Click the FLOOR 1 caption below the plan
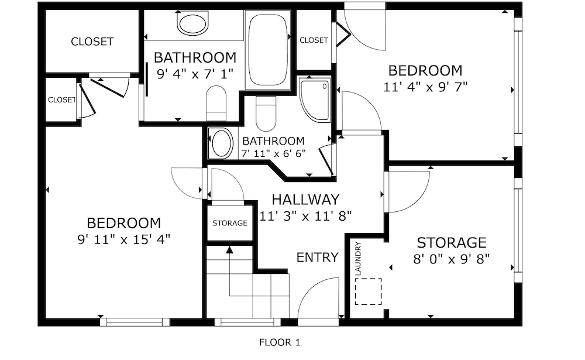[x=280, y=342]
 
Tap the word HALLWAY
[x=305, y=200]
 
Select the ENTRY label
[x=318, y=258]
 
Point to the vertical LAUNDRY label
[x=358, y=259]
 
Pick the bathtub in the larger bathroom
[x=269, y=50]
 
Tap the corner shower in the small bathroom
[x=315, y=100]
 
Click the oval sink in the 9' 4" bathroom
[x=192, y=24]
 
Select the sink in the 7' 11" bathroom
[x=221, y=143]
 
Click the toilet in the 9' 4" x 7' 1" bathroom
[x=216, y=102]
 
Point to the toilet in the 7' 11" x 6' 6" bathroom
[x=266, y=114]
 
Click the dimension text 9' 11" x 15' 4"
[x=123, y=239]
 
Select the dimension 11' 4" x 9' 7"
[x=425, y=87]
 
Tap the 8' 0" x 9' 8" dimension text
[x=452, y=258]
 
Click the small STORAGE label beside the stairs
[x=230, y=224]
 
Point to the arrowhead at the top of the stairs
[x=229, y=250]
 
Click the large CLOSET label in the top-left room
[x=92, y=42]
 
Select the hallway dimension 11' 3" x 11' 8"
[x=305, y=216]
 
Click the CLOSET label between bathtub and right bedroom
[x=314, y=40]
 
